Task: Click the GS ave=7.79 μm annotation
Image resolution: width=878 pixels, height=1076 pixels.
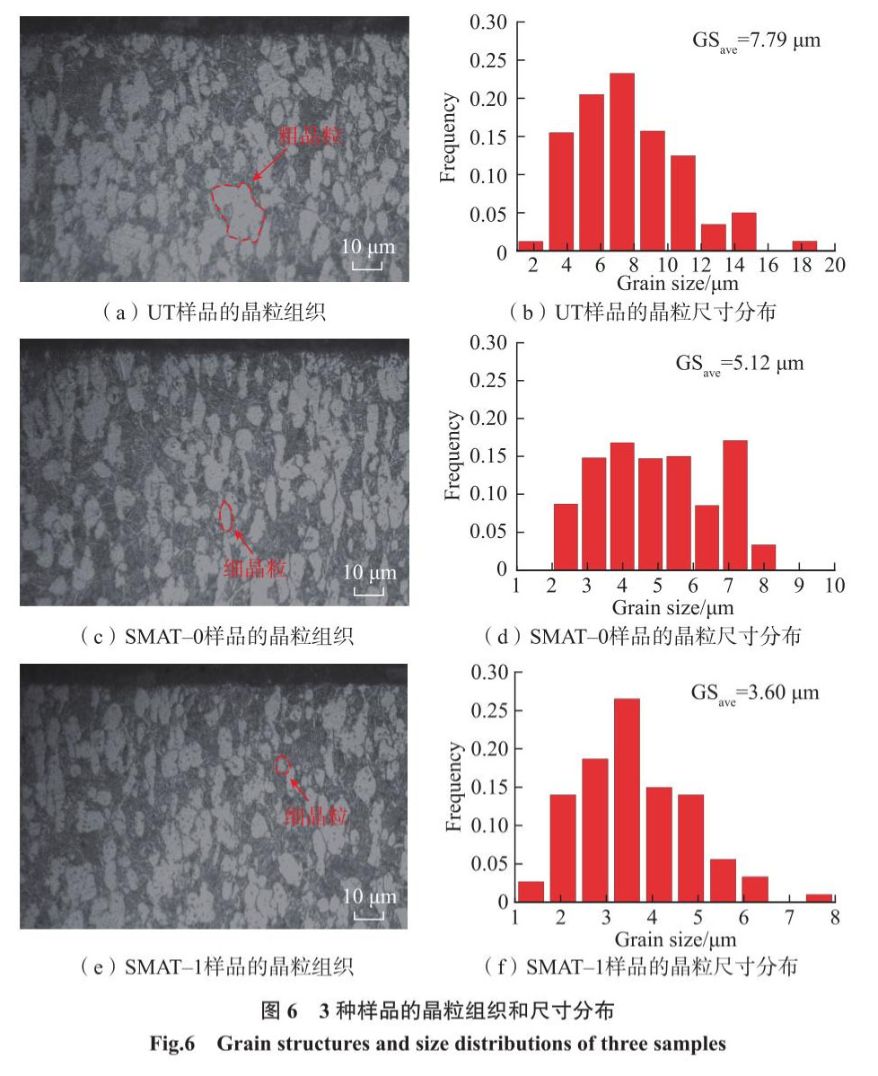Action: pos(753,40)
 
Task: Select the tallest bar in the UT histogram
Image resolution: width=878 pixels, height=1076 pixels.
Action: pos(621,163)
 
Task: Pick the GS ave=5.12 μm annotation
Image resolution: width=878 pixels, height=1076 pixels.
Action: pos(740,364)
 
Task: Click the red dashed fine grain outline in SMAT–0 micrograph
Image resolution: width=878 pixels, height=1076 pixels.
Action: pos(226,515)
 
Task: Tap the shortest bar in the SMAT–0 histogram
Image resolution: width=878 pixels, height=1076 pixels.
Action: pos(762,557)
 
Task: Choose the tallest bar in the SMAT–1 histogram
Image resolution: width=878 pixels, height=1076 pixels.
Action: pos(626,798)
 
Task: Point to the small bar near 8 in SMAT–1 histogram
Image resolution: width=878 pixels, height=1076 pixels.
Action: pos(818,897)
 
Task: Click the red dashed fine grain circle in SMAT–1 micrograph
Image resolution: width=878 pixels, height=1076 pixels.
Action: pos(283,765)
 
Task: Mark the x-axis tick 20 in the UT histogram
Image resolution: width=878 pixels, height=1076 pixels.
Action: pos(835,267)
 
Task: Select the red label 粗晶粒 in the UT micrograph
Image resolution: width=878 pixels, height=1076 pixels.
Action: pos(309,135)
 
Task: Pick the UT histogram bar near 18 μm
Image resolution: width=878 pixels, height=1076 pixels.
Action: pos(804,246)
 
